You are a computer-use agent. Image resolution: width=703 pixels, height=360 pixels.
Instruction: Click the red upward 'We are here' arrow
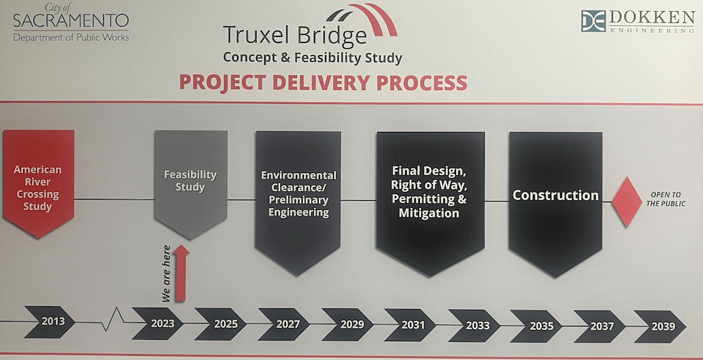coord(181,273)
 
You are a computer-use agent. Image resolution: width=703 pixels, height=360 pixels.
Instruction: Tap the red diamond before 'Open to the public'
coord(626,202)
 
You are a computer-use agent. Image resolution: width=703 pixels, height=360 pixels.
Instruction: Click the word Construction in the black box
coord(555,195)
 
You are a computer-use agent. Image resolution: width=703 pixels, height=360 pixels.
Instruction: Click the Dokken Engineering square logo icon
coord(594,21)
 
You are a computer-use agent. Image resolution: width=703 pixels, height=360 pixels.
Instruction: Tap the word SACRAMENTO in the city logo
coord(70,20)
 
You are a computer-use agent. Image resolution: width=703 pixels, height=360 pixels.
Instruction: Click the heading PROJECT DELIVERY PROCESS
coord(323,82)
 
